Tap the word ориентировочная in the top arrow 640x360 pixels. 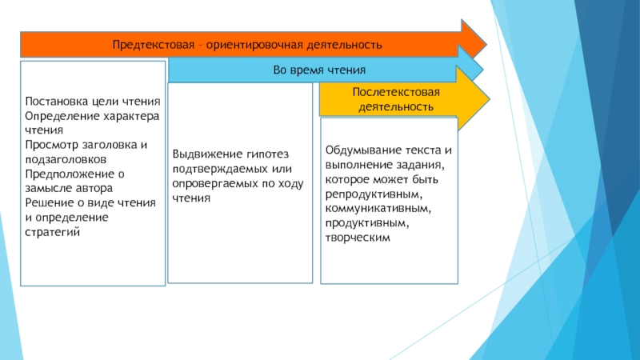coord(250,44)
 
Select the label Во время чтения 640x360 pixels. coord(319,70)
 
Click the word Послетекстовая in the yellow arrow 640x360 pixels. coord(386,92)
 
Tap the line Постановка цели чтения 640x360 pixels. coord(93,102)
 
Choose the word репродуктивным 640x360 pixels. coord(373,194)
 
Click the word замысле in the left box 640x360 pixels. coord(48,186)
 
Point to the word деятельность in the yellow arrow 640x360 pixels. coord(396,106)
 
